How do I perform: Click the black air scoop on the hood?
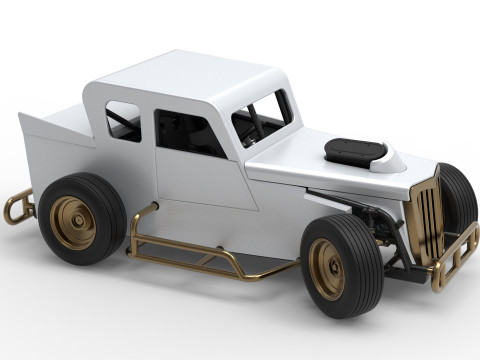click(355, 151)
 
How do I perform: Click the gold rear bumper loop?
click(14, 208)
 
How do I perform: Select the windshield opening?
click(262, 117)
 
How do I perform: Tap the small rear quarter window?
click(123, 120)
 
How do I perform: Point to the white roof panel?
click(190, 80)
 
